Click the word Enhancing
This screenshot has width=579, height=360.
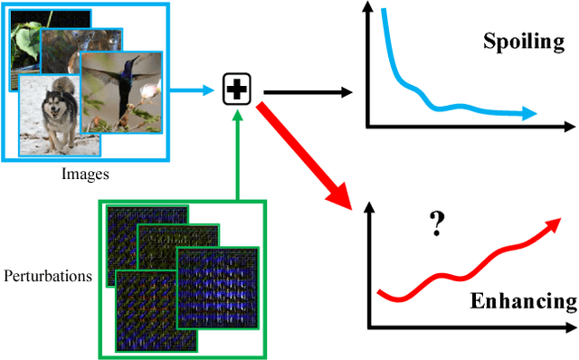click(x=523, y=301)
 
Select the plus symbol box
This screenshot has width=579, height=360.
click(x=237, y=90)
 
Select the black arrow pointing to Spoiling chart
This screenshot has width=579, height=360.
click(x=308, y=91)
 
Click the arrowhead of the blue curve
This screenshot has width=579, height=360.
click(x=527, y=114)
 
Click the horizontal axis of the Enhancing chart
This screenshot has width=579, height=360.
click(x=470, y=326)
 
